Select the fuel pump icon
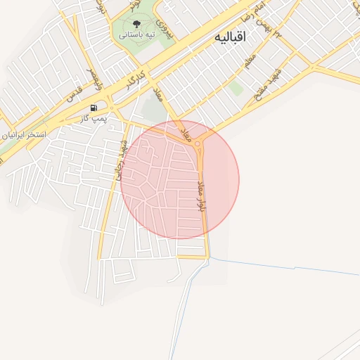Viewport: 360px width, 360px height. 94,107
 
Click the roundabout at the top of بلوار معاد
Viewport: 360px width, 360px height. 200,146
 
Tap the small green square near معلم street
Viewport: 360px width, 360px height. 236,89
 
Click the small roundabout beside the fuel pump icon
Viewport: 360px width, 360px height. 112,109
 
